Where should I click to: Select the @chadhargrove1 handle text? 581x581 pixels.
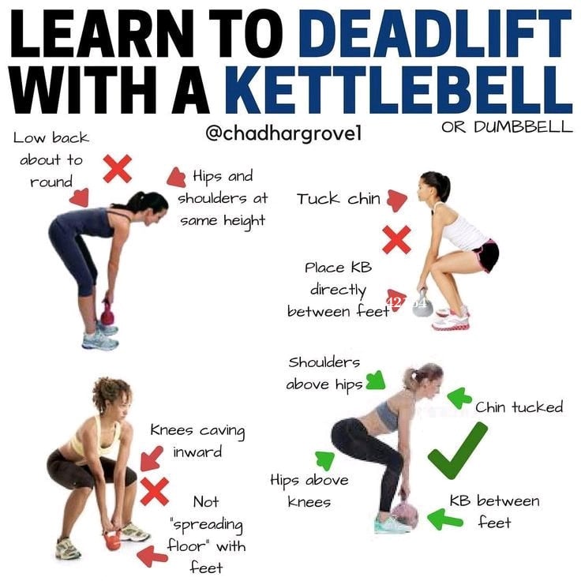[x=283, y=133]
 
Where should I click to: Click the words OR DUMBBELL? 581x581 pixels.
[x=507, y=127]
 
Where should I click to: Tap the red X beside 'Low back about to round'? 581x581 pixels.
[x=117, y=169]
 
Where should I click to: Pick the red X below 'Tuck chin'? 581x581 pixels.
[x=396, y=239]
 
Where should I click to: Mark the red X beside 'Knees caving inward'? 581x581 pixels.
[x=155, y=492]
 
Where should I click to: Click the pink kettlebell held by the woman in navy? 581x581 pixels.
[x=108, y=313]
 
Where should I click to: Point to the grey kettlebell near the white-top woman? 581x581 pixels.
[x=423, y=304]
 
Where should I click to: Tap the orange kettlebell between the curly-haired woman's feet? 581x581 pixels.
[x=113, y=539]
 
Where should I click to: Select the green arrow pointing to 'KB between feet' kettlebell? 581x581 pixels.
[x=445, y=519]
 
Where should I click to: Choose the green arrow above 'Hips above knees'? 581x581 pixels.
[x=325, y=460]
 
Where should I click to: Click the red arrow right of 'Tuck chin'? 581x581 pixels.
[x=397, y=200]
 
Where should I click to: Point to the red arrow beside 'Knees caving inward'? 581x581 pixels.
[x=152, y=459]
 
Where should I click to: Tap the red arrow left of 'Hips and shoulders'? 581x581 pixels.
[x=176, y=177]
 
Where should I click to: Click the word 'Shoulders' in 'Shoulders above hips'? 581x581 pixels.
[x=324, y=362]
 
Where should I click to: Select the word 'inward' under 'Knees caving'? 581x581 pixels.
[x=197, y=452]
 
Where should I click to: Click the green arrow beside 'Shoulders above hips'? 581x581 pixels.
[x=376, y=380]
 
